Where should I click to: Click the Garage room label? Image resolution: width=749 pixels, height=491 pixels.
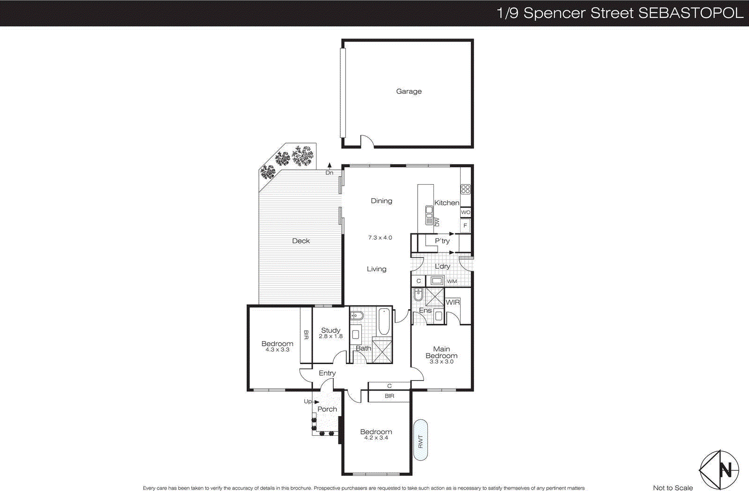tap(409, 91)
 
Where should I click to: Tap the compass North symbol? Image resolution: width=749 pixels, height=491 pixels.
tap(719, 469)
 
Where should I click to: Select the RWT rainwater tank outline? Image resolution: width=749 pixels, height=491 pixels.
tap(420, 440)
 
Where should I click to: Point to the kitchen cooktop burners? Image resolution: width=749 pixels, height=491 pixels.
tap(465, 189)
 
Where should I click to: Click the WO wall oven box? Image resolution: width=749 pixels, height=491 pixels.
tap(465, 212)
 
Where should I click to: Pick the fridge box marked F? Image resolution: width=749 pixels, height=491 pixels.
tap(465, 226)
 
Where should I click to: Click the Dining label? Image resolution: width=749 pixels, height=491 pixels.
tap(382, 201)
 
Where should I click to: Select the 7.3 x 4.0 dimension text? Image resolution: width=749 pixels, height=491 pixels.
tap(380, 238)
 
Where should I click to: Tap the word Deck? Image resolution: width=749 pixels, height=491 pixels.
tap(301, 241)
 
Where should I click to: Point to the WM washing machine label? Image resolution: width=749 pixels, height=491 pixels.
tap(452, 282)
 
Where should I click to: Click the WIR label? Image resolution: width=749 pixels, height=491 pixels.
tap(453, 303)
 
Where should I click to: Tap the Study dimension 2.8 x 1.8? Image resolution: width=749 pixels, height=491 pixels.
tap(330, 336)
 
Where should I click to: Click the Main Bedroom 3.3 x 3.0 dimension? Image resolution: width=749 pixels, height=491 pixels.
tap(441, 362)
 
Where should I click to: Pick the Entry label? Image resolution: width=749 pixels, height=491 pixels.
tap(327, 373)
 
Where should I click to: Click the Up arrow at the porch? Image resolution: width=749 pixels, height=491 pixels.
tap(316, 402)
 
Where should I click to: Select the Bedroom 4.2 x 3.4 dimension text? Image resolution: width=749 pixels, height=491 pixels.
tap(376, 438)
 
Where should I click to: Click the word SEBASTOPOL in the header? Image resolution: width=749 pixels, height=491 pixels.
tap(691, 13)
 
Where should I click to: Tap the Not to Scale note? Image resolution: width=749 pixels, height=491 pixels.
tap(673, 488)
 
